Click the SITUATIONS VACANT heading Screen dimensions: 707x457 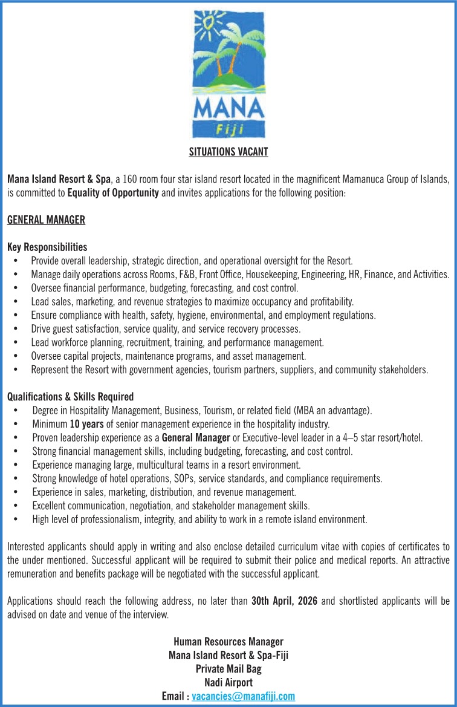(228, 152)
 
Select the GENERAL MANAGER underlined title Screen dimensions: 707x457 (46, 220)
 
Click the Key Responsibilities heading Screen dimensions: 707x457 (47, 247)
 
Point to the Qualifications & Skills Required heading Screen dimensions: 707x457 (70, 397)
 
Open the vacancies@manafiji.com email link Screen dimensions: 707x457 (243, 696)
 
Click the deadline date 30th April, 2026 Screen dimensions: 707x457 (284, 601)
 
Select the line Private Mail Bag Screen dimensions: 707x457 (228, 669)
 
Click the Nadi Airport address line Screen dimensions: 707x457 (228, 683)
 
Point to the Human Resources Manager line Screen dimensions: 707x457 (228, 642)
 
